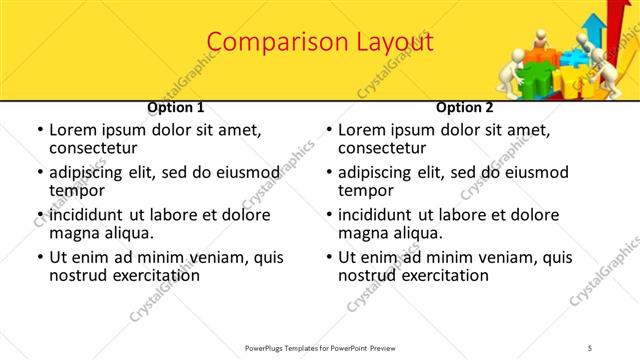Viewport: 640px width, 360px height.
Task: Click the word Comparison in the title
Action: (267, 43)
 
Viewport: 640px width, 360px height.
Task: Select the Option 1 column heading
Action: (176, 107)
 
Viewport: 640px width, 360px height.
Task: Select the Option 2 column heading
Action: (465, 107)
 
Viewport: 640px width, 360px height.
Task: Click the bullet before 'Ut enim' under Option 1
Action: (39, 258)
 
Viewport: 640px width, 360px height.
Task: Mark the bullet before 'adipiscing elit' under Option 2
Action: (328, 172)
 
